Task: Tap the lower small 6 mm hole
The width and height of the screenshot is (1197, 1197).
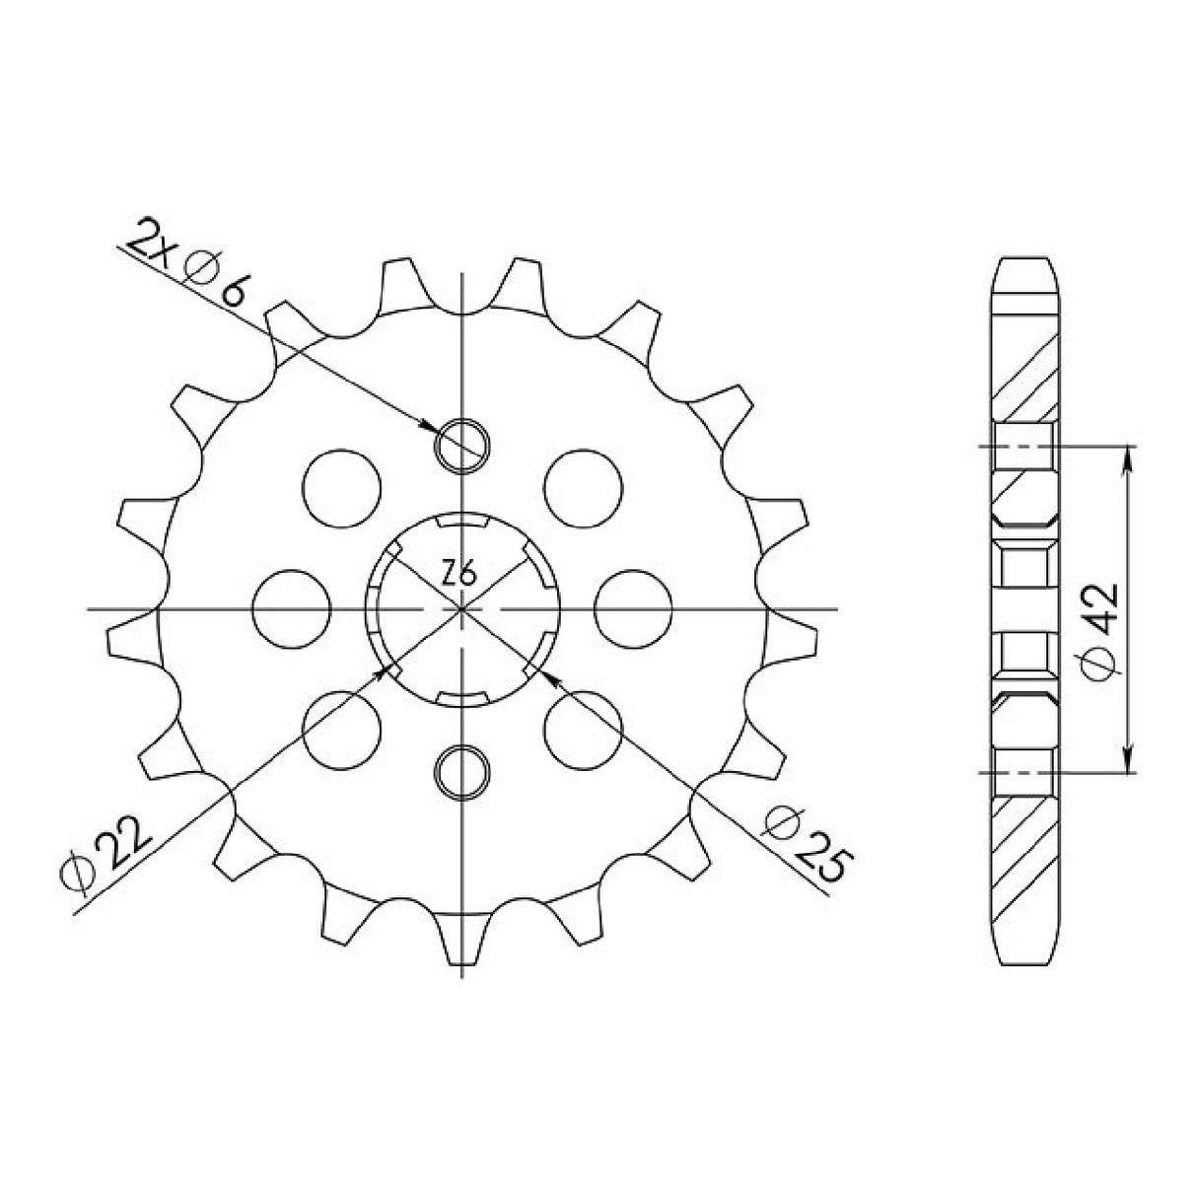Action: click(462, 769)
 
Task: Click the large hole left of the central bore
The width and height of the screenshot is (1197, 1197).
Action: click(291, 607)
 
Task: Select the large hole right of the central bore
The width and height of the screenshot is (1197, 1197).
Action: click(634, 607)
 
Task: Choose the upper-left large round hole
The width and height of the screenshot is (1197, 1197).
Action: click(342, 486)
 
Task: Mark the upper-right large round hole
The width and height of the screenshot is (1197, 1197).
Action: click(584, 486)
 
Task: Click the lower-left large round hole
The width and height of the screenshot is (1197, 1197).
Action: click(342, 728)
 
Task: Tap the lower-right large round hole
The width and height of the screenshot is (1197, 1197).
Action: click(584, 728)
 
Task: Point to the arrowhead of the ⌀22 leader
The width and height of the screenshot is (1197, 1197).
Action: click(387, 670)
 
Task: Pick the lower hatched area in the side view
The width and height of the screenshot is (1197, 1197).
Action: click(1026, 848)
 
